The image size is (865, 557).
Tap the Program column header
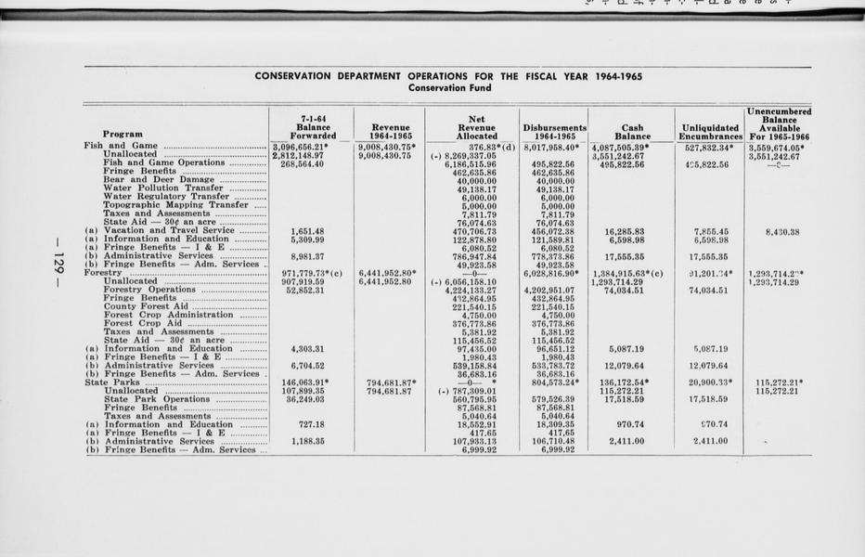click(123, 135)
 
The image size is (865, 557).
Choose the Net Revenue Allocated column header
click(477, 126)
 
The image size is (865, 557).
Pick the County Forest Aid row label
click(146, 306)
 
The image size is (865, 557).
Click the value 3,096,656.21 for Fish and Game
click(304, 146)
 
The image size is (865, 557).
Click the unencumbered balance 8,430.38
click(784, 230)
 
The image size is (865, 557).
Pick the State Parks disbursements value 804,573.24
click(555, 382)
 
